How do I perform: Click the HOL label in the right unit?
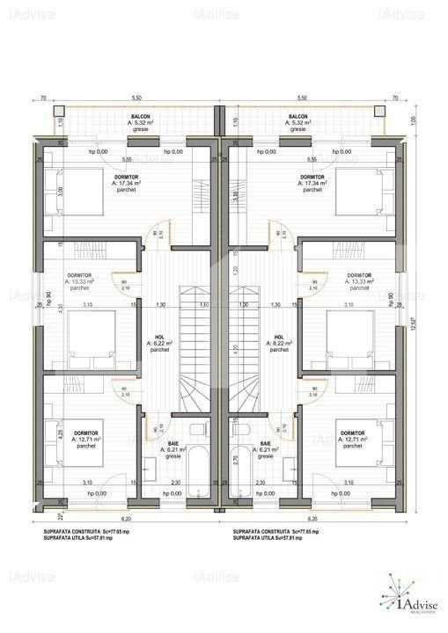click(x=279, y=337)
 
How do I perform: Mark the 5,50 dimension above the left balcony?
click(x=136, y=97)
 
